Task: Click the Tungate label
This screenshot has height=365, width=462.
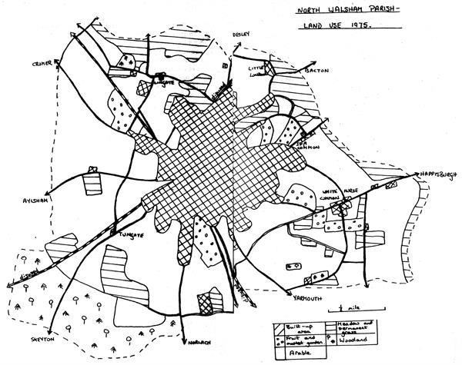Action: pyautogui.click(x=122, y=234)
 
